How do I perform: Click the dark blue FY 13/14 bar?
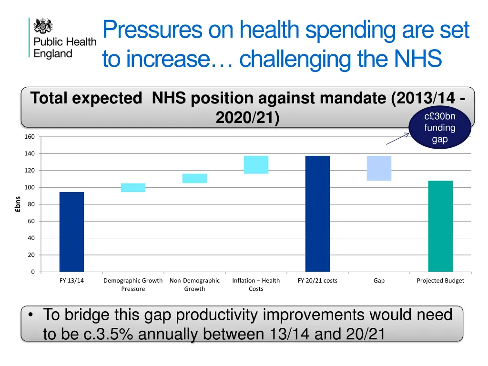click(x=71, y=232)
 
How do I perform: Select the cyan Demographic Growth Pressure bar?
click(x=133, y=188)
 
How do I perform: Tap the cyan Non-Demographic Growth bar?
click(x=194, y=178)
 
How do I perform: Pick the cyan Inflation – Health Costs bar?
click(x=256, y=165)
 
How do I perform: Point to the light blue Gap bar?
click(x=379, y=168)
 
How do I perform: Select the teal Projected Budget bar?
click(x=440, y=226)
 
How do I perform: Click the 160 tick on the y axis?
click(x=30, y=137)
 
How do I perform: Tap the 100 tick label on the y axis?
click(x=30, y=188)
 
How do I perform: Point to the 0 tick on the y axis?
click(x=32, y=272)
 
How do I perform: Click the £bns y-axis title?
click(x=17, y=204)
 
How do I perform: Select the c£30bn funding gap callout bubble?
click(x=439, y=128)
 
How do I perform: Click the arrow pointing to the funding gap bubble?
click(x=397, y=139)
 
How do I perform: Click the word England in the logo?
click(x=53, y=53)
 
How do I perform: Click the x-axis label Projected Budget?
click(x=440, y=281)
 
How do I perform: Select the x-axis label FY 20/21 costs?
click(x=317, y=281)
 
